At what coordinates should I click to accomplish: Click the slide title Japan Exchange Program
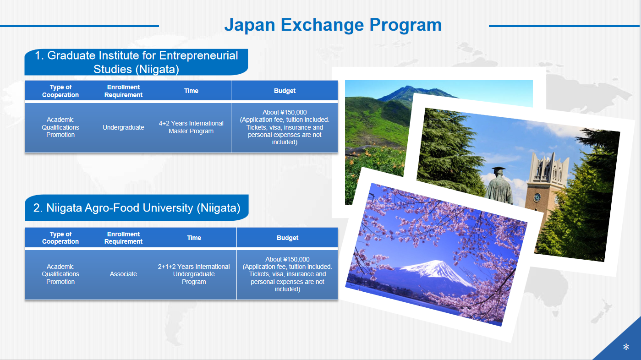point(333,25)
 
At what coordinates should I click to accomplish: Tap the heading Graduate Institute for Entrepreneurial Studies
point(136,62)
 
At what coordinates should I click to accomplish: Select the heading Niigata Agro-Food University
point(137,208)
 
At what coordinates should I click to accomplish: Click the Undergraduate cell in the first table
point(123,127)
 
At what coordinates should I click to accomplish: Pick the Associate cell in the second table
point(123,274)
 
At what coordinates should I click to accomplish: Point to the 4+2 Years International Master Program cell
point(191,127)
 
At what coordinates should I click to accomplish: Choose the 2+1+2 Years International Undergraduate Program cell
point(194,274)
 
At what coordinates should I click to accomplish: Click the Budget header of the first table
point(285,91)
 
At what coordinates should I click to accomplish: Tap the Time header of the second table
point(194,238)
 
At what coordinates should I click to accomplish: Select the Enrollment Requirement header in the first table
point(123,91)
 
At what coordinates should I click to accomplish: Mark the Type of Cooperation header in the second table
point(60,238)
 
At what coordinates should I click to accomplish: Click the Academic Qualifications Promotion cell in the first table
point(60,127)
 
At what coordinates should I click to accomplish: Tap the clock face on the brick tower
point(537,197)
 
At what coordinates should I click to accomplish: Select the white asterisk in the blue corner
point(626,347)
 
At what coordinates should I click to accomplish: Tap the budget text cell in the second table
point(287,274)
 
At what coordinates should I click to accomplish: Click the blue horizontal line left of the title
point(79,26)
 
